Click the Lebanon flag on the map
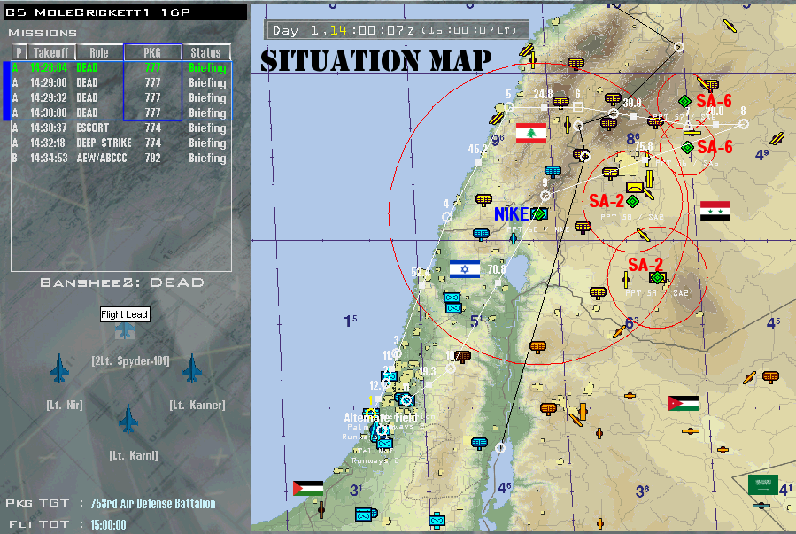coord(531,134)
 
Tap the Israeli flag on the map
coord(464,268)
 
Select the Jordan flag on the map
coord(684,404)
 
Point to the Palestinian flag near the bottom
coord(308,488)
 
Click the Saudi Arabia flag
coord(762,484)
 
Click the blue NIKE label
coord(511,213)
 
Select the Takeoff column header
coord(51,53)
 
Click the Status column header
coord(205,53)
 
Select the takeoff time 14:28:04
coord(48,67)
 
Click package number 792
coord(152,158)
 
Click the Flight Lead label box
coord(125,314)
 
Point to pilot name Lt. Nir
coord(65,405)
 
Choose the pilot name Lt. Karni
coord(134,455)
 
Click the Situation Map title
coord(375,60)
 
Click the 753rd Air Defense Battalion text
coord(151,503)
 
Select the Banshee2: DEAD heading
coord(122,282)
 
